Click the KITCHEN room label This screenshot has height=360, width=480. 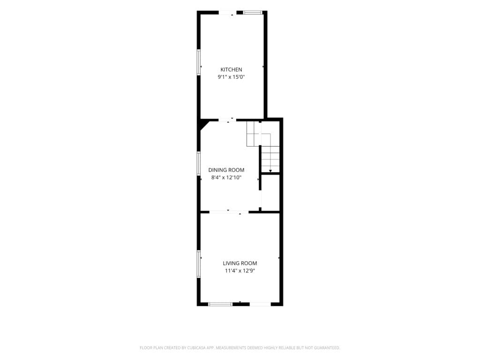pyautogui.click(x=231, y=69)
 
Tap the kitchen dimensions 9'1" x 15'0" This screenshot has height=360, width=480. pyautogui.click(x=231, y=77)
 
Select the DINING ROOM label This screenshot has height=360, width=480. pyautogui.click(x=226, y=170)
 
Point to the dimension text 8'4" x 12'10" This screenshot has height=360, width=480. pyautogui.click(x=226, y=177)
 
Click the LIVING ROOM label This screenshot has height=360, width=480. pyautogui.click(x=240, y=263)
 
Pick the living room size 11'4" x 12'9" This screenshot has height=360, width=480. pyautogui.click(x=240, y=270)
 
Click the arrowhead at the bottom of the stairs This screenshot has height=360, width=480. pyautogui.click(x=270, y=171)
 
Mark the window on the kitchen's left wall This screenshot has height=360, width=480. pyautogui.click(x=198, y=62)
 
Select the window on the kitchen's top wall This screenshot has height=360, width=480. pyautogui.click(x=253, y=13)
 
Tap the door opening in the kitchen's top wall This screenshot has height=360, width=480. pyautogui.click(x=231, y=13)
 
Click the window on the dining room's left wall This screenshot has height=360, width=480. pyautogui.click(x=198, y=164)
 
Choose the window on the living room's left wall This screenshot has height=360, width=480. pyautogui.click(x=198, y=264)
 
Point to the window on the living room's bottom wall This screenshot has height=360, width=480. pyautogui.click(x=220, y=304)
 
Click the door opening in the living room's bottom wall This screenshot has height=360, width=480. pyautogui.click(x=261, y=304)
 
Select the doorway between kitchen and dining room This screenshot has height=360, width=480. pyautogui.click(x=228, y=120)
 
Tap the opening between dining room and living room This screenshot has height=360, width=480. pyautogui.click(x=229, y=212)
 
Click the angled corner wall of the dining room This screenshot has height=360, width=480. pyautogui.click(x=203, y=126)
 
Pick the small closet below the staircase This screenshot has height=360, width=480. pyautogui.click(x=270, y=193)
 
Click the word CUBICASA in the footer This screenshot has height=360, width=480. pyautogui.click(x=200, y=348)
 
